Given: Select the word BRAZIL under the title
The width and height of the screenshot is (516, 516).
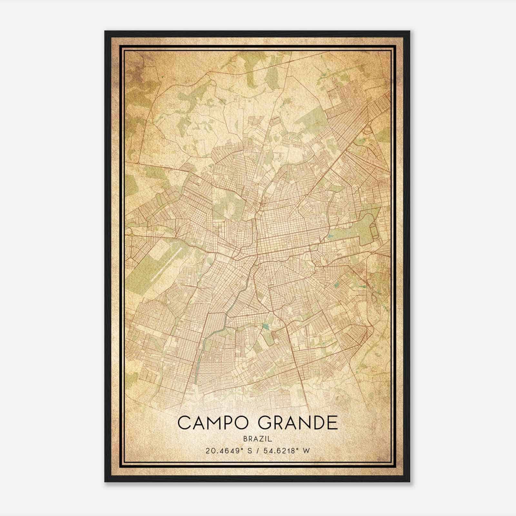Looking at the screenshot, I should [258, 439].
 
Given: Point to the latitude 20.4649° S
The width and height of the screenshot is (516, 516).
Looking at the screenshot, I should [226, 451].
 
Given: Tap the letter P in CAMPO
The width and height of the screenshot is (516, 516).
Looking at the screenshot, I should [231, 423].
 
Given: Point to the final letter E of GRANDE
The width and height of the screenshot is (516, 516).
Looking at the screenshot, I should [332, 423].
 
